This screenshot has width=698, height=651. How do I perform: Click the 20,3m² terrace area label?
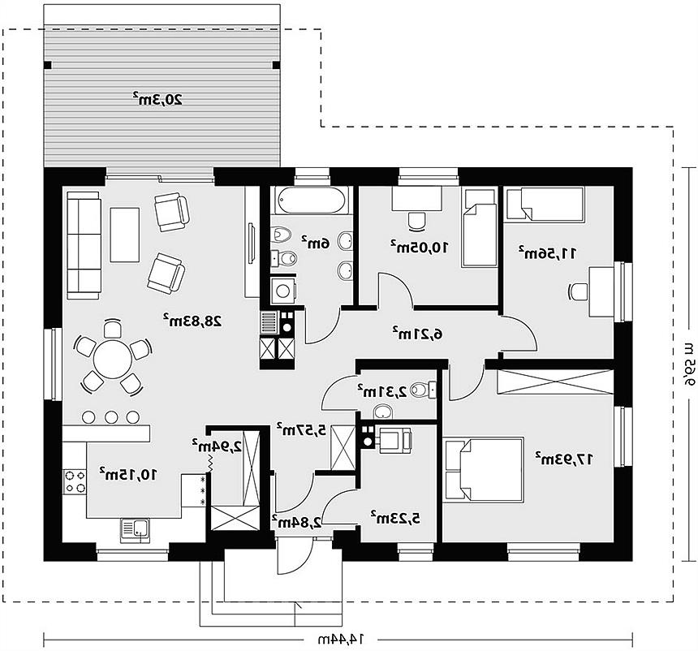click(x=157, y=98)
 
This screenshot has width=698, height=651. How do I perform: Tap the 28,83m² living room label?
click(x=192, y=320)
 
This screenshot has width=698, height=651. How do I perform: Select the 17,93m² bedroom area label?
click(x=564, y=458)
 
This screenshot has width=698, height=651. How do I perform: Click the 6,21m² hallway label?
click(x=417, y=334)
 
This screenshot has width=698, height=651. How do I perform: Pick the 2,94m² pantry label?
click(x=218, y=446)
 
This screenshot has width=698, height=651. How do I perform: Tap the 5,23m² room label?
click(x=396, y=518)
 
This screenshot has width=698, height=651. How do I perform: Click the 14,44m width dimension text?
click(x=341, y=640)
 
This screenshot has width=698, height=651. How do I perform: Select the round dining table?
click(x=113, y=360)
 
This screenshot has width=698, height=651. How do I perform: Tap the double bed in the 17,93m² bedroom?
click(x=483, y=470)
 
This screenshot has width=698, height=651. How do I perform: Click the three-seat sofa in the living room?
click(x=84, y=245)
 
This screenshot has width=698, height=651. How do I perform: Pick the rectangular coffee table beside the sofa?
click(x=125, y=235)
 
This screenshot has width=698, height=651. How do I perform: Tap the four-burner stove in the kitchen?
click(x=75, y=481)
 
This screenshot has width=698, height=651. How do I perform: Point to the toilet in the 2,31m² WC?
click(x=422, y=390)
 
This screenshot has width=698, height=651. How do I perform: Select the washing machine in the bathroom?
click(x=283, y=291)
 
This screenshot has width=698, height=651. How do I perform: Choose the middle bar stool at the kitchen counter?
click(x=111, y=417)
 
